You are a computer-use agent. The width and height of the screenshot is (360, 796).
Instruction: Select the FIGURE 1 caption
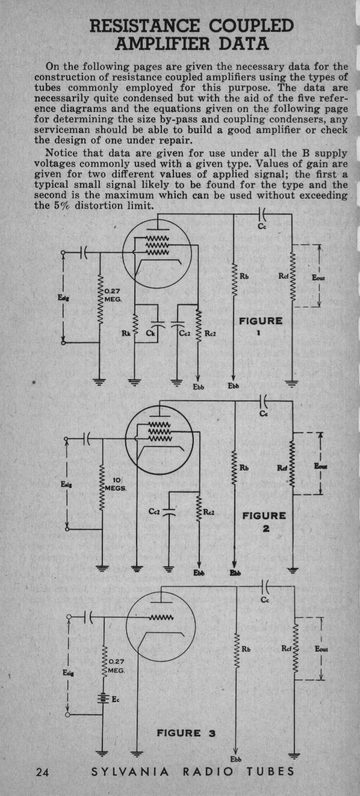click(x=261, y=326)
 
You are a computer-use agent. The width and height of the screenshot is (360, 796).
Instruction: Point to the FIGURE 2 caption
click(x=264, y=522)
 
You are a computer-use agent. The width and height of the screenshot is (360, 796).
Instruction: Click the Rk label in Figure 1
click(x=126, y=333)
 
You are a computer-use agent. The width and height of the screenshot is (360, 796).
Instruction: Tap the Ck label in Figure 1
click(x=150, y=333)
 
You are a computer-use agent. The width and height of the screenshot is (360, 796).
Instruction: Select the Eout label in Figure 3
click(x=321, y=649)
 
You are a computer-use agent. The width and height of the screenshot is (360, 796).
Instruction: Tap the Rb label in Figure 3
click(x=246, y=649)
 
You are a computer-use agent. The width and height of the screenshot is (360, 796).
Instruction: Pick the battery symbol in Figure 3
click(x=103, y=699)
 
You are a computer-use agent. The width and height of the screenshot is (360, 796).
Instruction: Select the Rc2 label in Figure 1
click(x=210, y=333)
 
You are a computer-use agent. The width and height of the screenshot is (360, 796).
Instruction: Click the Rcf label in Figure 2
click(x=282, y=468)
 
